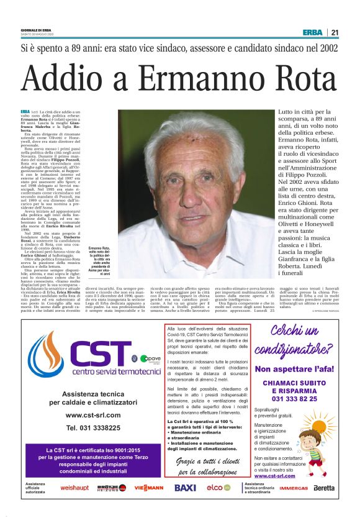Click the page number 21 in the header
[335, 32]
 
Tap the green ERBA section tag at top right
[312, 32]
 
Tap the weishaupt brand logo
[74, 488]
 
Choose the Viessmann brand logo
[149, 488]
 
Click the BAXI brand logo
[185, 488]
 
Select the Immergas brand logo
[293, 488]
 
